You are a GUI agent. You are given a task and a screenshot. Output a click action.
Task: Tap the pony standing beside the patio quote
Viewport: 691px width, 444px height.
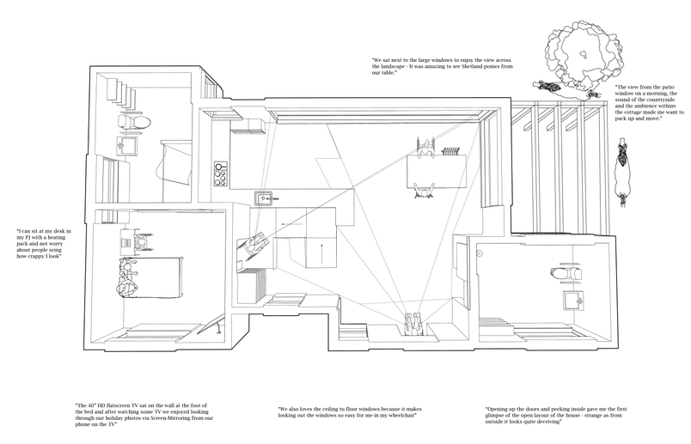(x=623, y=172)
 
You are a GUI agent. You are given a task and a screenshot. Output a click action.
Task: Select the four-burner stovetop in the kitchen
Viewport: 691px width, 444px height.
(x=220, y=174)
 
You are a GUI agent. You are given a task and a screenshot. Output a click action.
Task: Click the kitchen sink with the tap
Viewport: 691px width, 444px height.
(x=265, y=198)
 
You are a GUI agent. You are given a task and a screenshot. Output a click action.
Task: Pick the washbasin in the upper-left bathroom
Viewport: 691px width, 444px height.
(x=126, y=145)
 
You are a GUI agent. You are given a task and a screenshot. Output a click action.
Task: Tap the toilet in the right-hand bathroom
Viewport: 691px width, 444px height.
(x=566, y=273)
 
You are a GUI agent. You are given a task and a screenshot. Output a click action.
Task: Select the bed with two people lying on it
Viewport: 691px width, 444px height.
(x=150, y=277)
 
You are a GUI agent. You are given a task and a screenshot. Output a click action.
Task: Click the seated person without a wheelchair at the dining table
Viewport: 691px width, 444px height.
(x=424, y=192)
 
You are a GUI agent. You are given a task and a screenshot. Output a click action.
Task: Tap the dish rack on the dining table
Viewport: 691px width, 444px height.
(x=450, y=151)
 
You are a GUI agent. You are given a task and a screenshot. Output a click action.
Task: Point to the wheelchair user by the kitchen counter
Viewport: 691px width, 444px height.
(x=254, y=245)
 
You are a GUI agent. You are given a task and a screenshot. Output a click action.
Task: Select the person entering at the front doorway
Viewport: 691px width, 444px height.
(x=413, y=325)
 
